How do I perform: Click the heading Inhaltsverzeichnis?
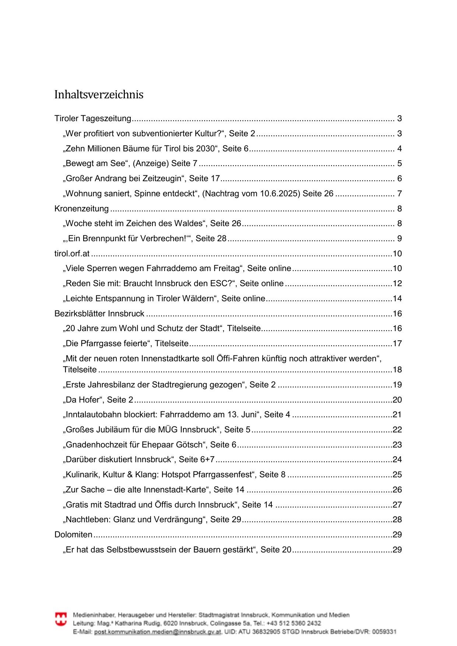pyautogui.click(x=99, y=95)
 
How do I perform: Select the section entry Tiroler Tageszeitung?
pyautogui.click(x=93, y=119)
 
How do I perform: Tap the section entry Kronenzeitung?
pyautogui.click(x=81, y=209)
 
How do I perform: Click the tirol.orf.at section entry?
pyautogui.click(x=72, y=254)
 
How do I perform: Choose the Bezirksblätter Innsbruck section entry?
pyautogui.click(x=99, y=314)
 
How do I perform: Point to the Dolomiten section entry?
pyautogui.click(x=73, y=535)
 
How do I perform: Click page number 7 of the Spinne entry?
pyautogui.click(x=399, y=194)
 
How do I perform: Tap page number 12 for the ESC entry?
pyautogui.click(x=397, y=284)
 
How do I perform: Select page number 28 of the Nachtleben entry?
pyautogui.click(x=397, y=520)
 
